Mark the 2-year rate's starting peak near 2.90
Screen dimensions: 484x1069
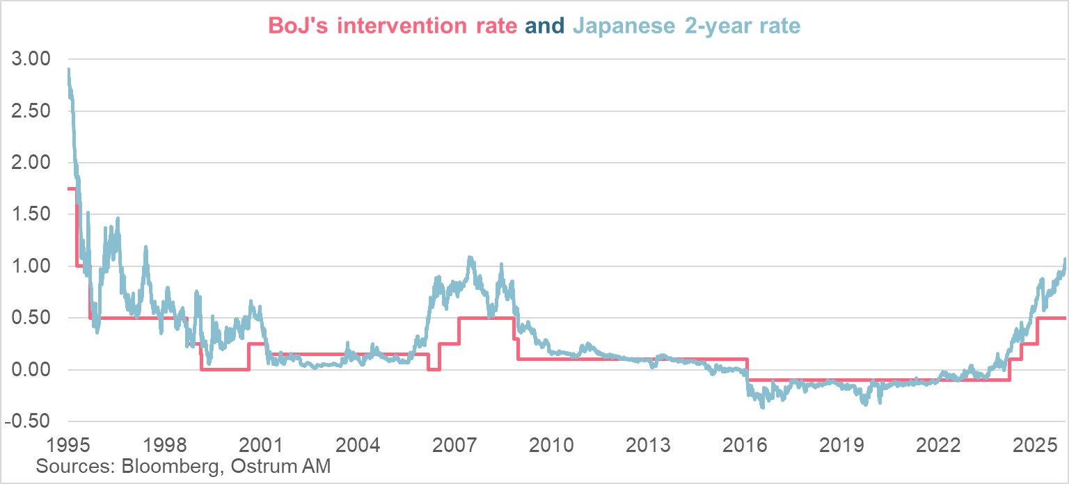pyautogui.click(x=68, y=70)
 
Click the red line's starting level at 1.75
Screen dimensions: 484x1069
pyautogui.click(x=70, y=188)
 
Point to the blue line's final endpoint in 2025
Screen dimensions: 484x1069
pyautogui.click(x=1065, y=260)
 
